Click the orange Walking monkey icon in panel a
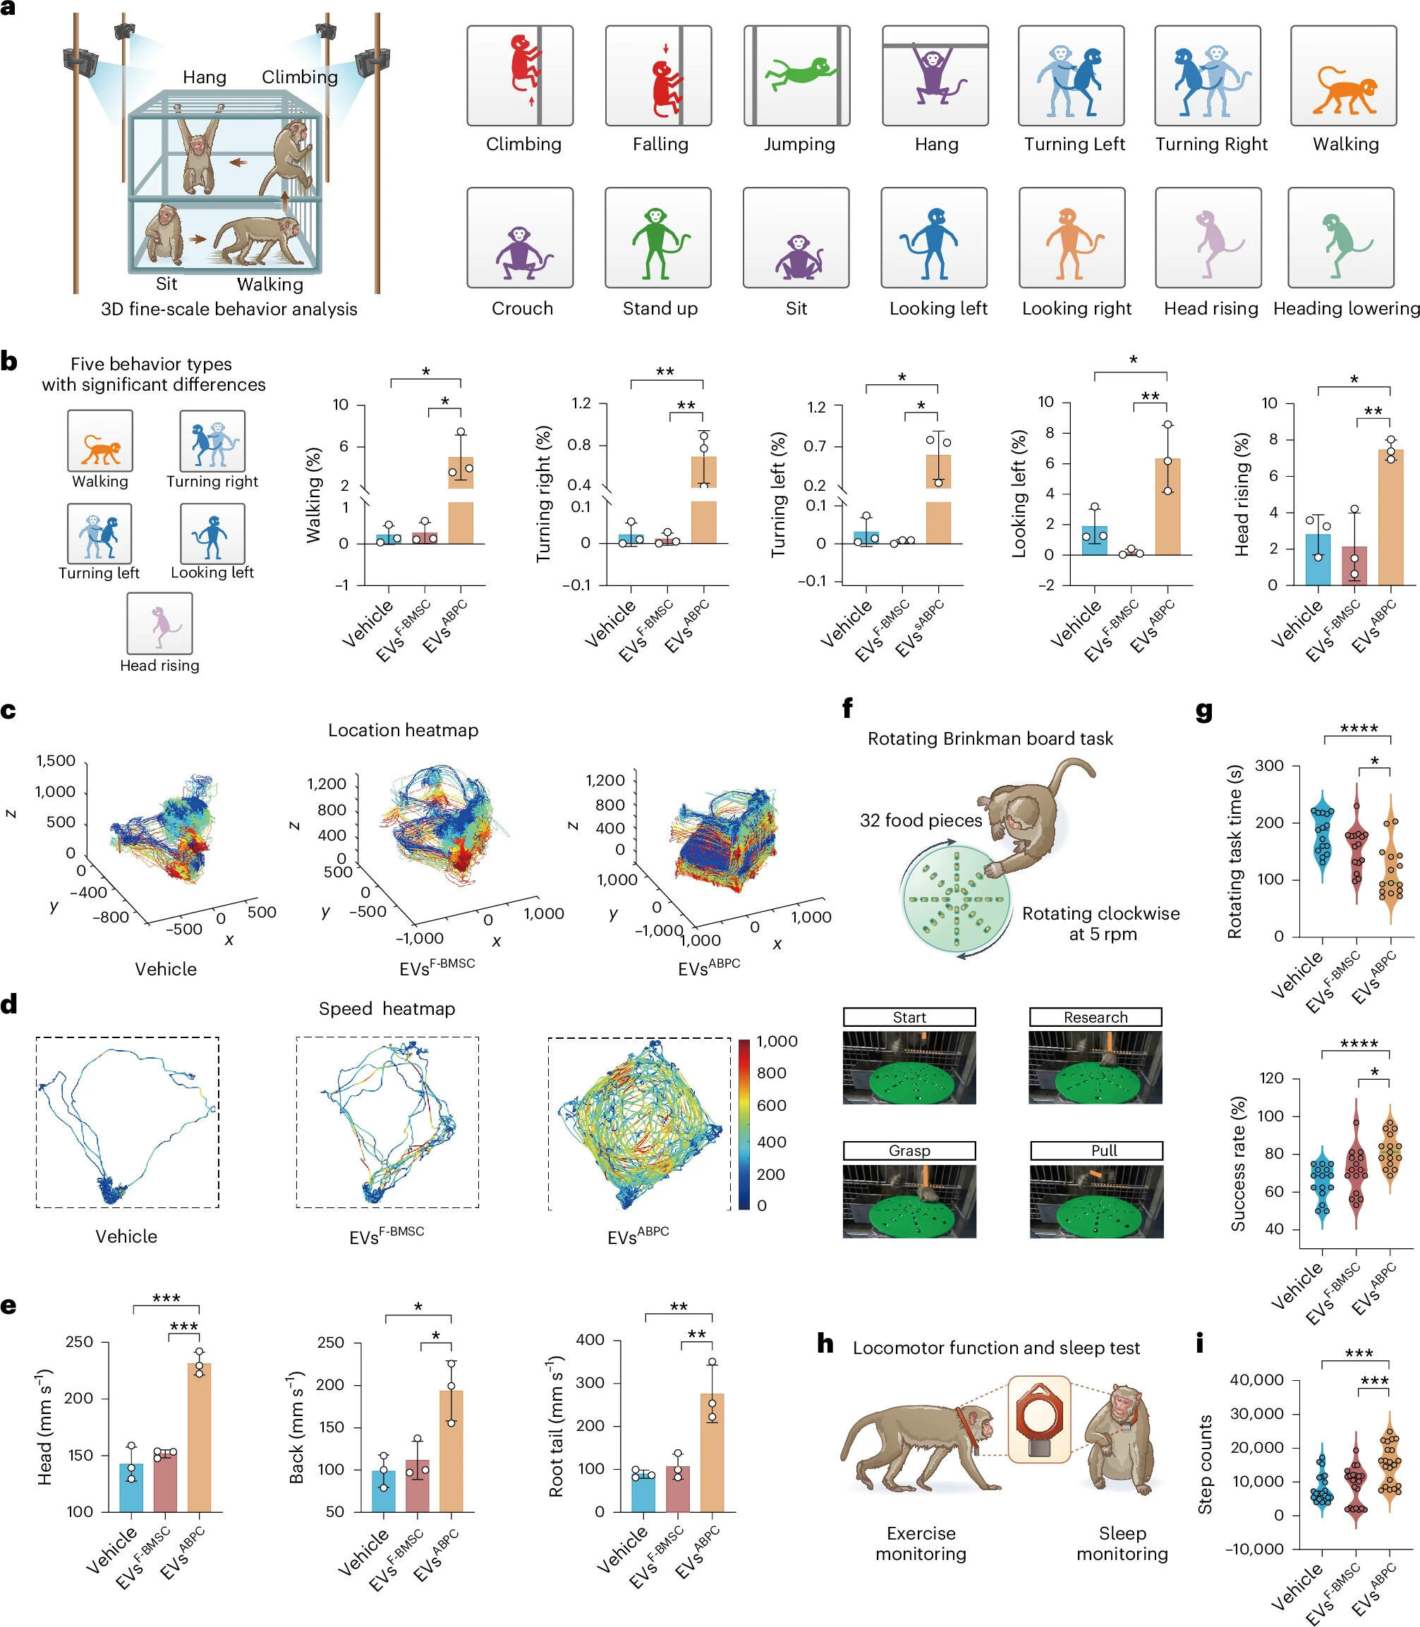coord(1345,90)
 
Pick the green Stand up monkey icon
coord(658,242)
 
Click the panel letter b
coord(8,361)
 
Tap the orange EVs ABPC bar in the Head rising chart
coord(1390,518)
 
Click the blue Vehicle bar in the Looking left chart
coord(1094,540)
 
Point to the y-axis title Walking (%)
coord(314,495)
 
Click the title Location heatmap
coord(403,731)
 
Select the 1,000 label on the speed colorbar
coord(777,1042)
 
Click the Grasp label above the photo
coord(909,1150)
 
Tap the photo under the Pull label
coord(1097,1201)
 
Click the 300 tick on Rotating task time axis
coord(1268,766)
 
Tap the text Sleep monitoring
coord(1122,1543)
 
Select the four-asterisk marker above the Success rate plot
coord(1358,1044)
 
